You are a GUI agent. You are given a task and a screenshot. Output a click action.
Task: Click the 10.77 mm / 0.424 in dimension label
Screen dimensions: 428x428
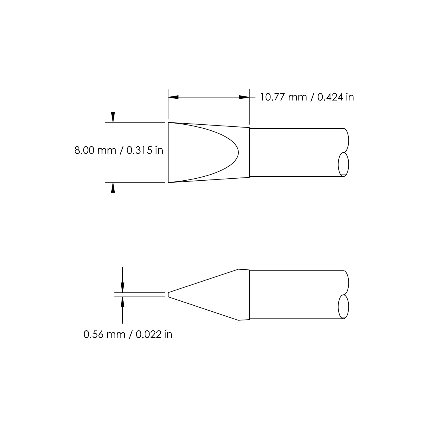tap(307, 97)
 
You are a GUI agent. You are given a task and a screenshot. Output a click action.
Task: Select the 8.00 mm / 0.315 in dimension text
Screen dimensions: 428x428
tap(119, 150)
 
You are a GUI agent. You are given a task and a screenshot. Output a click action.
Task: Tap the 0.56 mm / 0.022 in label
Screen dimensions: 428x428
tap(128, 334)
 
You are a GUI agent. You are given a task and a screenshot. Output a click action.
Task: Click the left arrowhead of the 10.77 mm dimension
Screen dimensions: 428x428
tap(173, 97)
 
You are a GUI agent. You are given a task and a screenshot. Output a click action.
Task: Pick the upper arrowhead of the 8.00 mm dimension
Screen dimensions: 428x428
tap(113, 117)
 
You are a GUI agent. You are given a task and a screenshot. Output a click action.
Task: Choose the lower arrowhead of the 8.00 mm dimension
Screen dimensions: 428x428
tap(113, 188)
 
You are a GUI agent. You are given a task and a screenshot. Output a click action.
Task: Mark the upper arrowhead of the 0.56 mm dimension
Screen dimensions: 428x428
tap(122, 287)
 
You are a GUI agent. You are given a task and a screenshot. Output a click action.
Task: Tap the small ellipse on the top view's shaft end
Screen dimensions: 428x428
tap(343, 164)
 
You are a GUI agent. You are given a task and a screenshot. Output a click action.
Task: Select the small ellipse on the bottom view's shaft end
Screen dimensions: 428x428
tap(343, 307)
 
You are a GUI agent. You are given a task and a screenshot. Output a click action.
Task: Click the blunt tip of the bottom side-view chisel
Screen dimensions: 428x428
tap(169, 295)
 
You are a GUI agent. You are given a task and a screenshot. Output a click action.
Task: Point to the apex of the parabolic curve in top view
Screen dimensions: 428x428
tap(238, 152)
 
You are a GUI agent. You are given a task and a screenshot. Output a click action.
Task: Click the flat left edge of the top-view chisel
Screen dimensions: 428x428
tap(168, 152)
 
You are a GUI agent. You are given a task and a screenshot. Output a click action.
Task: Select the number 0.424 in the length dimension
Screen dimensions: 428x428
tap(330, 97)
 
